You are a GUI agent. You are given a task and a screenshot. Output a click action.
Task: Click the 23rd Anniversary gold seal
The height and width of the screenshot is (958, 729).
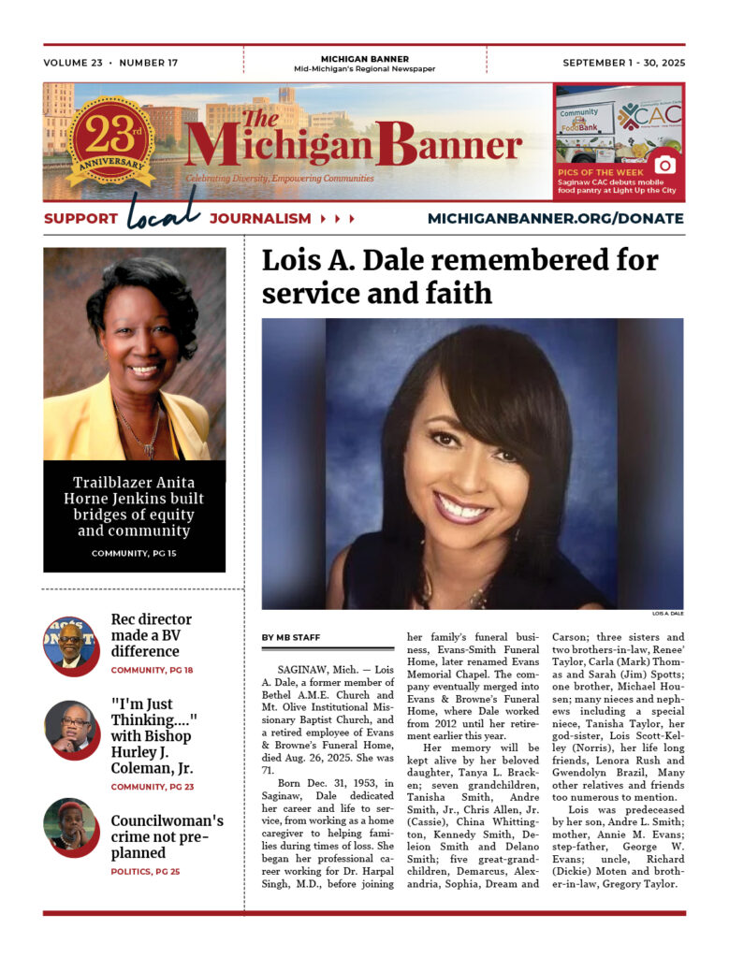(110, 141)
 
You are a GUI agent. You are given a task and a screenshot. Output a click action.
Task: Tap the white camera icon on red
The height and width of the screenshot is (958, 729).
(664, 165)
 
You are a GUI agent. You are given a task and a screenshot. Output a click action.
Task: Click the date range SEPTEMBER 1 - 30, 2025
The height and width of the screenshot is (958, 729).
(623, 64)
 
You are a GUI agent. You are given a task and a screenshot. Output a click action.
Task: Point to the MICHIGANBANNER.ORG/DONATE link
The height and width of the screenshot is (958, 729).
(555, 219)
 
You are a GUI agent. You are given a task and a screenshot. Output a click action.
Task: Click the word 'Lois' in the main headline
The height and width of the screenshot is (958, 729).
(290, 261)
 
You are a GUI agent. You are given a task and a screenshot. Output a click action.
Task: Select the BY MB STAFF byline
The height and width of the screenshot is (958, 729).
(291, 638)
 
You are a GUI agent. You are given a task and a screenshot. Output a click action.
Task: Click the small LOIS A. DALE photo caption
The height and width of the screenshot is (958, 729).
(667, 614)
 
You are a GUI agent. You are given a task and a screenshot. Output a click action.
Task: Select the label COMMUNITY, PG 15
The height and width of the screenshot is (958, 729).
(134, 554)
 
